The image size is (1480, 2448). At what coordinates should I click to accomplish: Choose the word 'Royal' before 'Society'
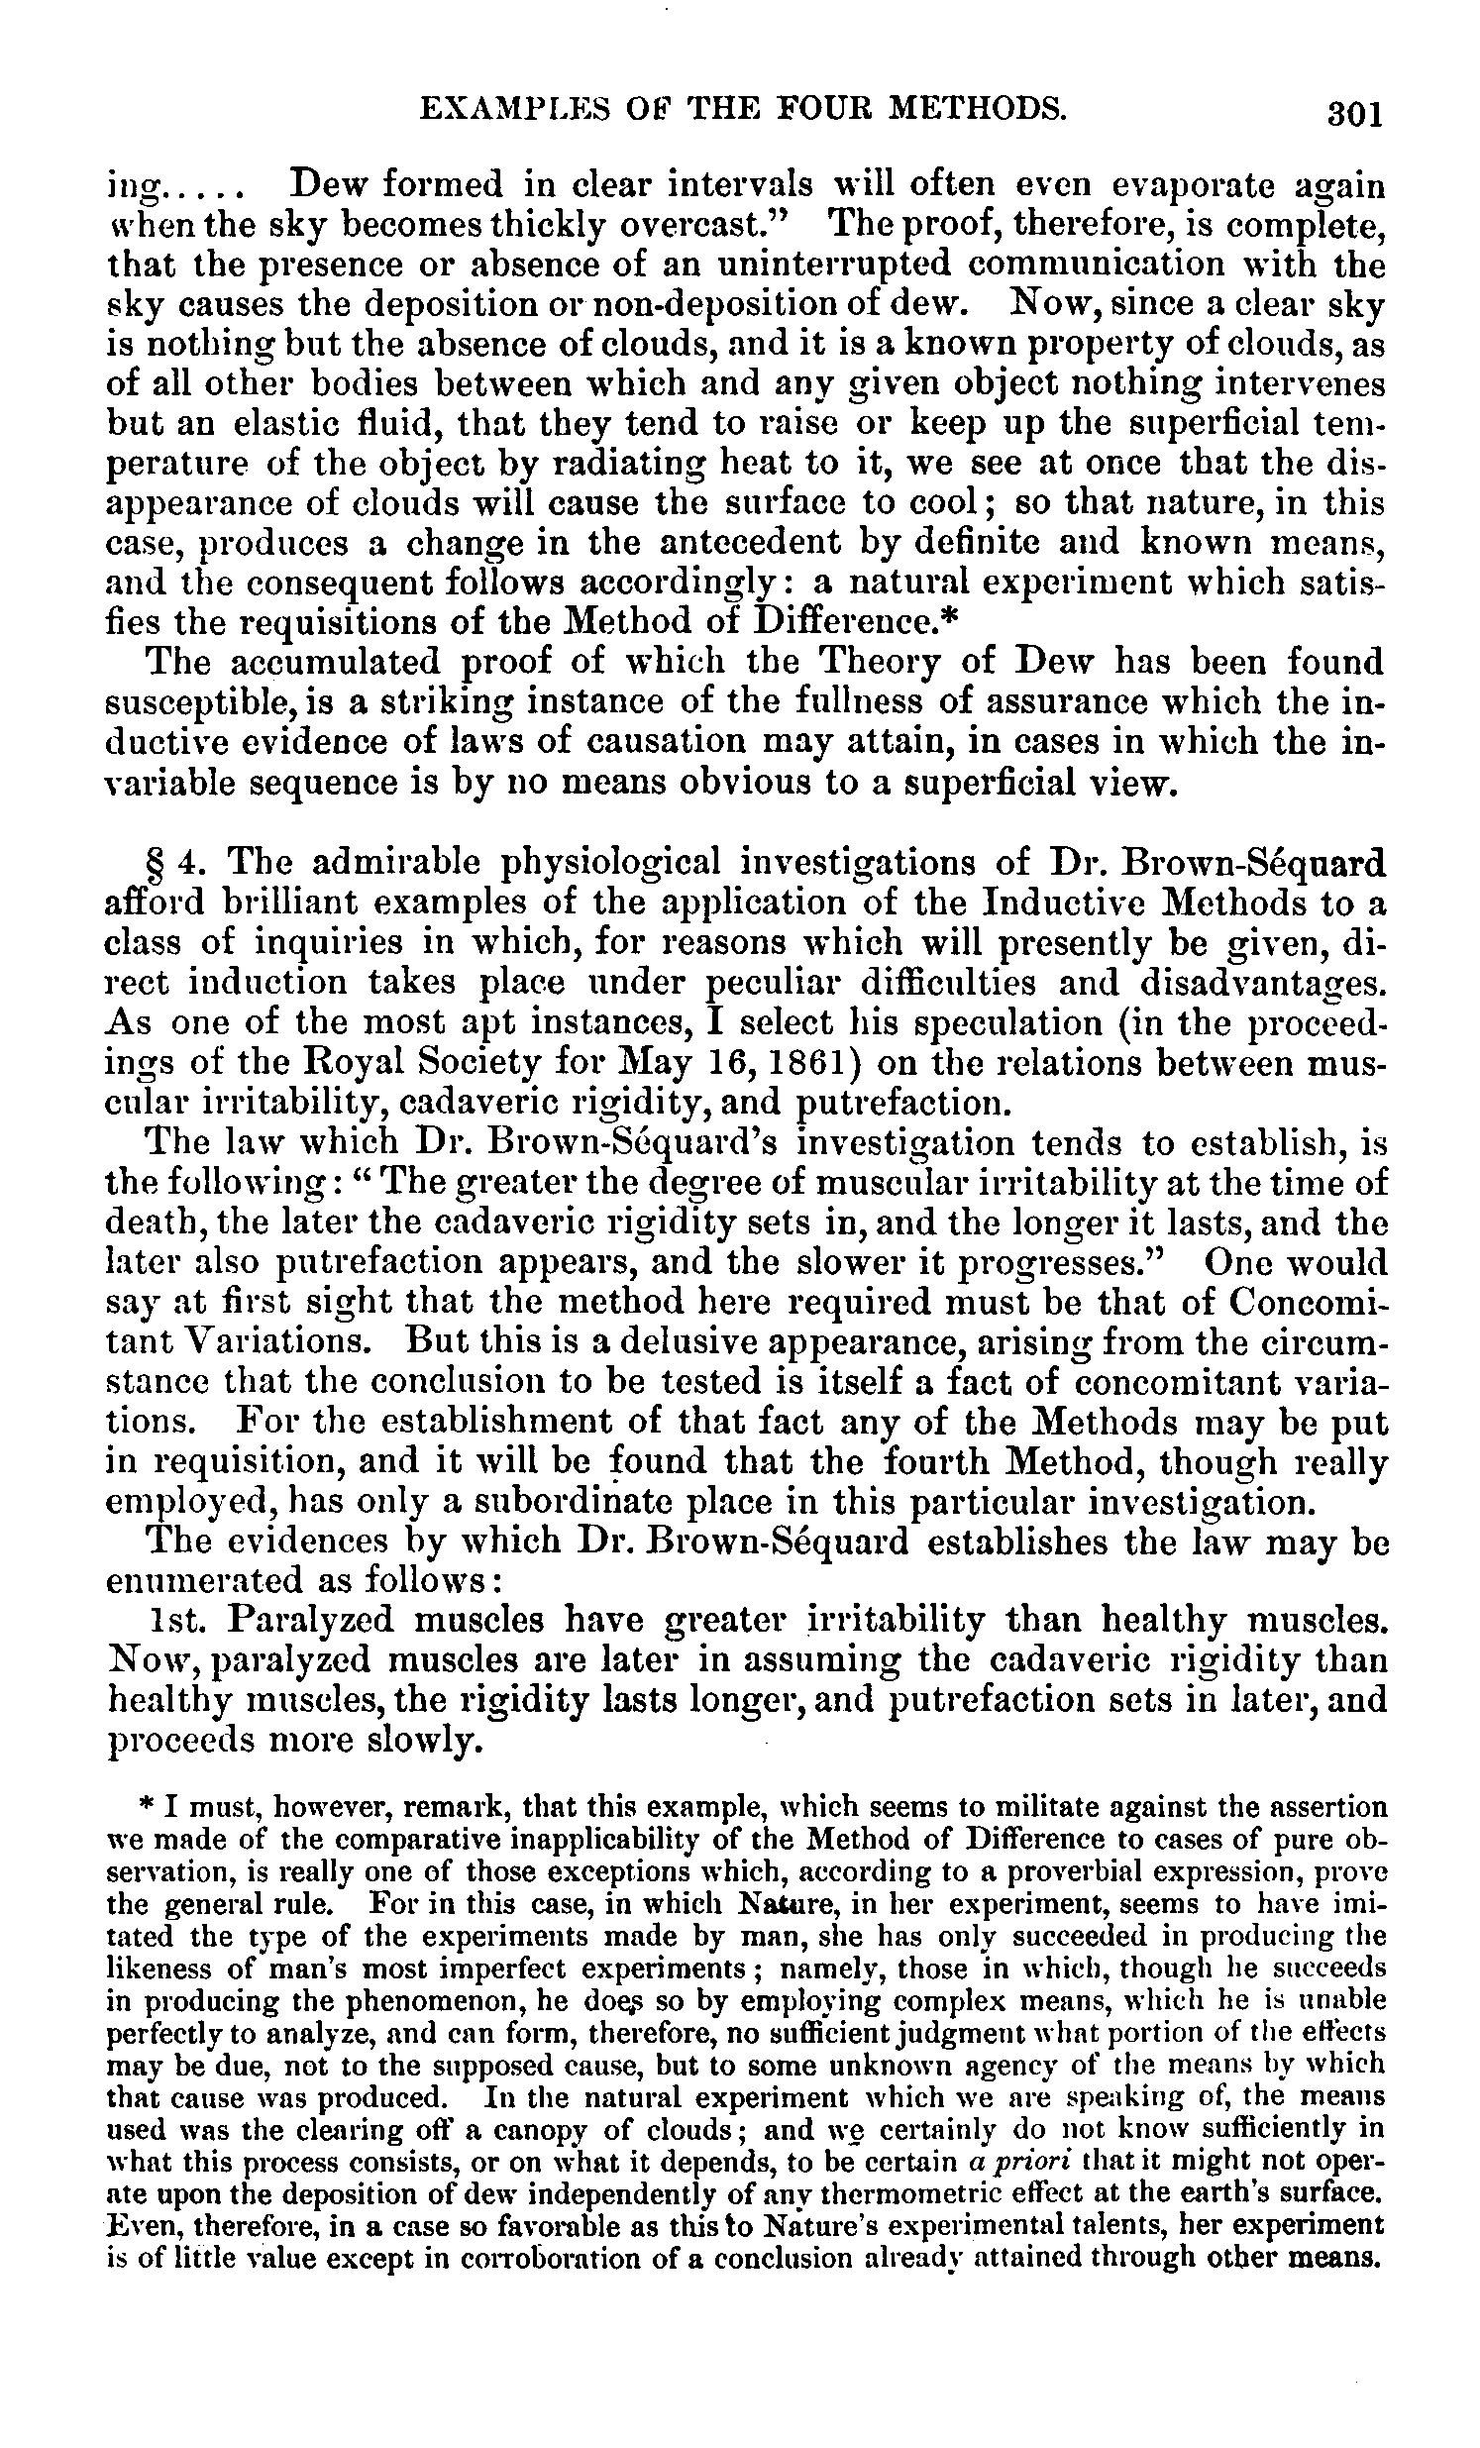tap(338, 1063)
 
